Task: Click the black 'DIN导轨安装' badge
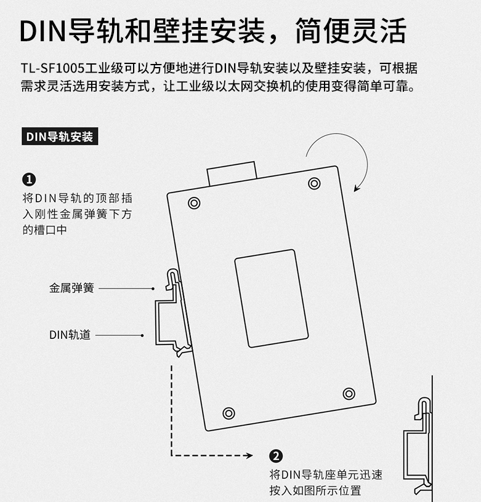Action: [60, 137]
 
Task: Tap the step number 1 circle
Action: [29, 180]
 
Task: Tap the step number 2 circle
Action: [276, 456]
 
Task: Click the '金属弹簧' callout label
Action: [71, 288]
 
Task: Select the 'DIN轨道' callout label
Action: [70, 335]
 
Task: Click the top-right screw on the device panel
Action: [314, 183]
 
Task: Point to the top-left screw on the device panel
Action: [194, 202]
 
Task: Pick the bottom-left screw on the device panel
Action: [228, 413]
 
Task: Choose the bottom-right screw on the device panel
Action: [349, 393]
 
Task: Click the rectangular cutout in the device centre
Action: [271, 298]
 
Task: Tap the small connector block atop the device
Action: [231, 173]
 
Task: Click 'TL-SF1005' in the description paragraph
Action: [44, 68]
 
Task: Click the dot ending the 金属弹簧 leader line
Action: [153, 288]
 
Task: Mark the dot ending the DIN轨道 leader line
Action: [143, 335]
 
